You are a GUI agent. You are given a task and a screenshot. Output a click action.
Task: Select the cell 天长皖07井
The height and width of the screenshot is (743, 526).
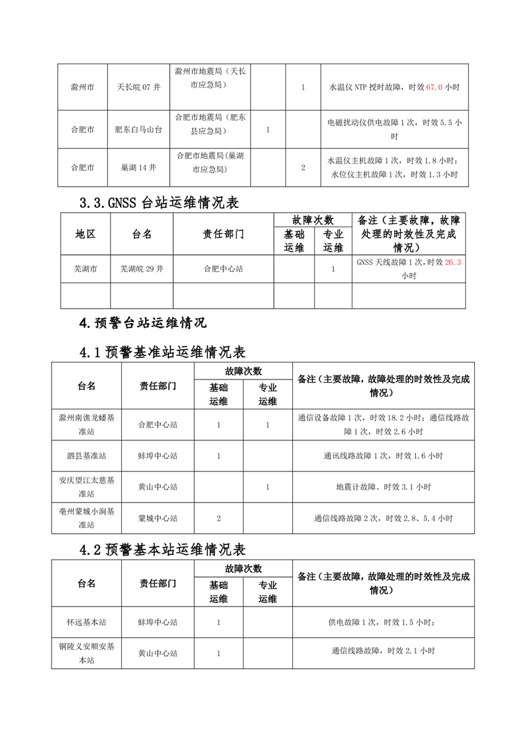tap(138, 87)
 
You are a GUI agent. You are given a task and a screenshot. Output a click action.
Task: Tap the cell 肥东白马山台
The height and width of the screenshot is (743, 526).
tap(138, 130)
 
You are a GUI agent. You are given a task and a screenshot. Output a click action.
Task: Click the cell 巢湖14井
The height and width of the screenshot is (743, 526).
tap(138, 168)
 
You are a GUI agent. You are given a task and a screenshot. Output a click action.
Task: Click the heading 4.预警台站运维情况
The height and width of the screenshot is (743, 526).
tap(142, 322)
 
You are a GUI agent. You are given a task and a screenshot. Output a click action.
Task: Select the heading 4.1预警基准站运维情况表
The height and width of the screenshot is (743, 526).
tap(162, 352)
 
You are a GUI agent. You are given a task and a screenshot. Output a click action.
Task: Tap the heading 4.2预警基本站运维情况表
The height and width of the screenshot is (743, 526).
tap(162, 550)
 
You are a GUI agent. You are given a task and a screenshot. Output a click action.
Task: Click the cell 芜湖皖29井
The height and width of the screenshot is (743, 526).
tap(141, 270)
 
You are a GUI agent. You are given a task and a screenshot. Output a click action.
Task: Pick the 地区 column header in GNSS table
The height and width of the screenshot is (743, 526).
tap(85, 234)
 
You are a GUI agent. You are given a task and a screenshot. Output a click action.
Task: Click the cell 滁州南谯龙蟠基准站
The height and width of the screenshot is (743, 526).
tap(87, 424)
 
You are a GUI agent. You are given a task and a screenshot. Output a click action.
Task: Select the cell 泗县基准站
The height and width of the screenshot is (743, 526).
tap(87, 456)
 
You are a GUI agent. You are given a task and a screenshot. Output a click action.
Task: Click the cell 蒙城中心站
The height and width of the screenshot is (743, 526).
tap(158, 518)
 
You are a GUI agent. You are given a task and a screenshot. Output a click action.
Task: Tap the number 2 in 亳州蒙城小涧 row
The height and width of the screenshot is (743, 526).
tap(218, 518)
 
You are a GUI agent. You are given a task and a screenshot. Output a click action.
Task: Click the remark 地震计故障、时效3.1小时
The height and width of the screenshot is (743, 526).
tap(383, 487)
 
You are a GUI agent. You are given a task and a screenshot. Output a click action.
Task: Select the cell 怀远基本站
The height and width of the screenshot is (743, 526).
tap(87, 622)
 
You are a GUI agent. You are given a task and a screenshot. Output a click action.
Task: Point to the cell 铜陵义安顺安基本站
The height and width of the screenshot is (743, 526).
tap(87, 653)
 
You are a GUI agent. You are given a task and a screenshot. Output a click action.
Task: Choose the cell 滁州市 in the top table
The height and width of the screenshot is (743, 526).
tap(82, 87)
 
